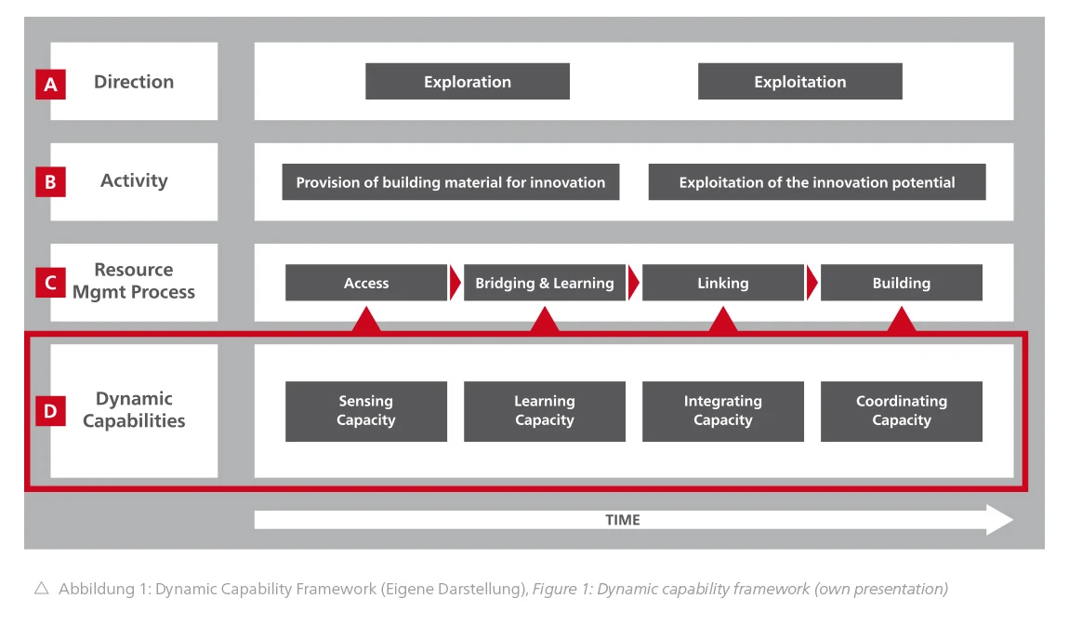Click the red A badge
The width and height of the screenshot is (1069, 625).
(50, 84)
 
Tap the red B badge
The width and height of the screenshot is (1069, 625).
(50, 182)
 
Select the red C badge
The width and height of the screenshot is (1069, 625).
(50, 283)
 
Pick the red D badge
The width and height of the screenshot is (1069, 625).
(50, 411)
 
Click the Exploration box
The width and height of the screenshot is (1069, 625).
(468, 81)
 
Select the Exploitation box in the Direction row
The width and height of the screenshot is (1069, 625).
(799, 81)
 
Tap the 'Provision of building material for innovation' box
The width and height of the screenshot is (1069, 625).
(451, 182)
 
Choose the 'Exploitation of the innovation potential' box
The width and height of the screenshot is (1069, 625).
(817, 182)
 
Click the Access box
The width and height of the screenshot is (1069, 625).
(366, 283)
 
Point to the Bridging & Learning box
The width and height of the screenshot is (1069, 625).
(545, 283)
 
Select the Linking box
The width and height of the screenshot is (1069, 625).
(722, 283)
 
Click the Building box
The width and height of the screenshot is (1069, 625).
(902, 283)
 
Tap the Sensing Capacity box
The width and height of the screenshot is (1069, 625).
(366, 411)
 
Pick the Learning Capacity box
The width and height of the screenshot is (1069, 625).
(545, 411)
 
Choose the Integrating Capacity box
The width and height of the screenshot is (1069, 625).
(722, 411)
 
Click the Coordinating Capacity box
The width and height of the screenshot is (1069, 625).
(902, 411)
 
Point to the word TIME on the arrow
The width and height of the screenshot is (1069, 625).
(623, 520)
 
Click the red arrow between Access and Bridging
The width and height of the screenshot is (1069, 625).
(455, 283)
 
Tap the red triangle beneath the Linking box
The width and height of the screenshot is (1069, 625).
(722, 319)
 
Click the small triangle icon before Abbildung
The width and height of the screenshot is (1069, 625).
(42, 588)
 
